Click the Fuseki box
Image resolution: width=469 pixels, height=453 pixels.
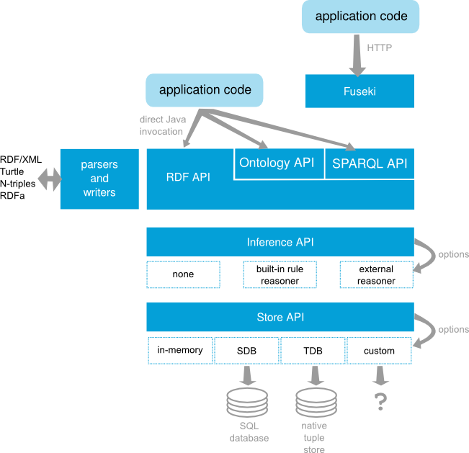[359, 91]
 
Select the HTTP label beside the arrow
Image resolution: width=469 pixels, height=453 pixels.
[380, 48]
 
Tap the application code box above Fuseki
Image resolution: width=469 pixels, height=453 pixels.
[361, 17]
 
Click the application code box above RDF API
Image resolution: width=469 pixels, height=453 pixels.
[205, 90]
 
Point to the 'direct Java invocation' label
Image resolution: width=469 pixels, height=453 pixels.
[161, 125]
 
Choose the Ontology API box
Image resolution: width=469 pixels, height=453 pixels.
[277, 163]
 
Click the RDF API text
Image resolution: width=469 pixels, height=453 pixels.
[188, 177]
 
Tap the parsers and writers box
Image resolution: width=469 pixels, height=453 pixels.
[99, 179]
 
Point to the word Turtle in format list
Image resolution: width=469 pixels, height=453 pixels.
[12, 171]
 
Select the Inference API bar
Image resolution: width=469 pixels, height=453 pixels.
[280, 242]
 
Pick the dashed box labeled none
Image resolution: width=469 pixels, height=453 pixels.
[183, 274]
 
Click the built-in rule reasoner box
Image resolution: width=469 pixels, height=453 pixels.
[280, 274]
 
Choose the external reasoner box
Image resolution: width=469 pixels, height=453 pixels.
[376, 274]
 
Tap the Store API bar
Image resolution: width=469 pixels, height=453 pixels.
[280, 317]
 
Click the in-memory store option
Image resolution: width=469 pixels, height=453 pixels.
[180, 351]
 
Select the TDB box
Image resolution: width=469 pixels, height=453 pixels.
[313, 351]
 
